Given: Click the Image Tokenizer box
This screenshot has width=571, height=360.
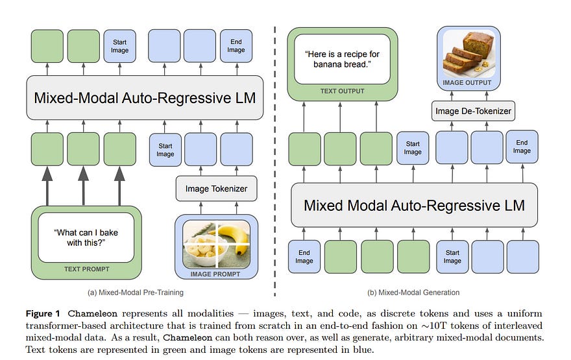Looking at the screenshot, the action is click(x=216, y=189).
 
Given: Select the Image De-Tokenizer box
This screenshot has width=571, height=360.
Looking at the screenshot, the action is click(x=473, y=111).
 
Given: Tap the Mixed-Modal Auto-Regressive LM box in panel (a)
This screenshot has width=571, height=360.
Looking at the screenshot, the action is click(x=145, y=97).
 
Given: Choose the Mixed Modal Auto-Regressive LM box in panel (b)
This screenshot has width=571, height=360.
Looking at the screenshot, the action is click(x=414, y=206).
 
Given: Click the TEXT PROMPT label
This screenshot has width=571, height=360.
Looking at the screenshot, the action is click(x=87, y=269).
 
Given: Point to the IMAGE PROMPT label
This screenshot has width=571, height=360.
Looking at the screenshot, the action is click(x=215, y=274).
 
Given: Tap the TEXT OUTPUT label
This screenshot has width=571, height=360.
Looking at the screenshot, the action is click(x=343, y=91).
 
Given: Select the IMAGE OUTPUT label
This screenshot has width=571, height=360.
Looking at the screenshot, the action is click(x=467, y=82).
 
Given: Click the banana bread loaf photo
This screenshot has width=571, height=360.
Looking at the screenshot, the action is click(x=468, y=54).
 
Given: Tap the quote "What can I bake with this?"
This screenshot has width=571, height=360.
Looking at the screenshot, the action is click(x=86, y=237).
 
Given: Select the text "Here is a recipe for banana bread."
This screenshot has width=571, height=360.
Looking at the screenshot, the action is click(x=343, y=59).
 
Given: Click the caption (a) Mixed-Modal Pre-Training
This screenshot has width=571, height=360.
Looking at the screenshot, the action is click(x=136, y=293).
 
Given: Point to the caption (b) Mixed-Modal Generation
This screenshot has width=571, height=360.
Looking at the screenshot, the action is click(x=413, y=293).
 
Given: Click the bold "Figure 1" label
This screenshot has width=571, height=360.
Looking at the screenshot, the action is click(x=43, y=313).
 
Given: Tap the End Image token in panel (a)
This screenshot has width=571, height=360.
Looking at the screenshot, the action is click(x=236, y=46).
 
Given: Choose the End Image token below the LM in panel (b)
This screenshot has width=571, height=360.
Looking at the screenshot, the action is click(x=304, y=257).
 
